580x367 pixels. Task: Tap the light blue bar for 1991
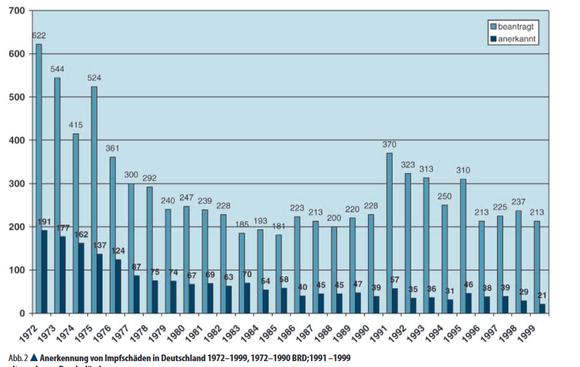pos(389,233)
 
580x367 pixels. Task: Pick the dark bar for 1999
pos(544,309)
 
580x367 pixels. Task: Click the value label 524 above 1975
pos(94,78)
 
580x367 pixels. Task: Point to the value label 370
pos(389,144)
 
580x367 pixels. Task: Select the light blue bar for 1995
pos(463,246)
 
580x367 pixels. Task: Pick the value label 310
pos(463,170)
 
